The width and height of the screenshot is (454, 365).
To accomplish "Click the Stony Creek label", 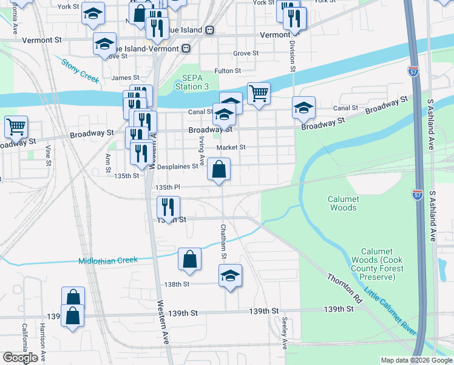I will point(80,70).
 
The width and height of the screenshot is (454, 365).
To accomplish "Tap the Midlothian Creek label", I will point(108,261).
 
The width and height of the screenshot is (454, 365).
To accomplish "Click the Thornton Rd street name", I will point(345,288).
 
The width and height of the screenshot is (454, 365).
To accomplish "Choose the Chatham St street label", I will point(223,242).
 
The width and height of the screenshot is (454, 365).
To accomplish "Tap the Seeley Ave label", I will point(284,332).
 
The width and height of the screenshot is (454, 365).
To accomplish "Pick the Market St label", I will point(231,147).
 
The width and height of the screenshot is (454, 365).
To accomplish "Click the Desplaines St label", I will point(178,166).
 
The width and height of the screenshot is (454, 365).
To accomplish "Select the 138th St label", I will point(177,284).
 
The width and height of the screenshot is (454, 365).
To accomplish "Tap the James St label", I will point(126,78).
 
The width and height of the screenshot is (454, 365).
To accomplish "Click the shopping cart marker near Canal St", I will point(259,94).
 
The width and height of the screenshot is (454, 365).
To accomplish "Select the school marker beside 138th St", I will point(231,275).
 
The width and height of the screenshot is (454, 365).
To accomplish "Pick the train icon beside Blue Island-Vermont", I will point(186,48).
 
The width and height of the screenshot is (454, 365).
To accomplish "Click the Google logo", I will point(20,358).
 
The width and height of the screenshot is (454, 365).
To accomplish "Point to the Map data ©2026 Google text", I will point(416,360).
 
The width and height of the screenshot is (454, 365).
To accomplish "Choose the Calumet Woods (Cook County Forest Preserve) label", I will point(377,264).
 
